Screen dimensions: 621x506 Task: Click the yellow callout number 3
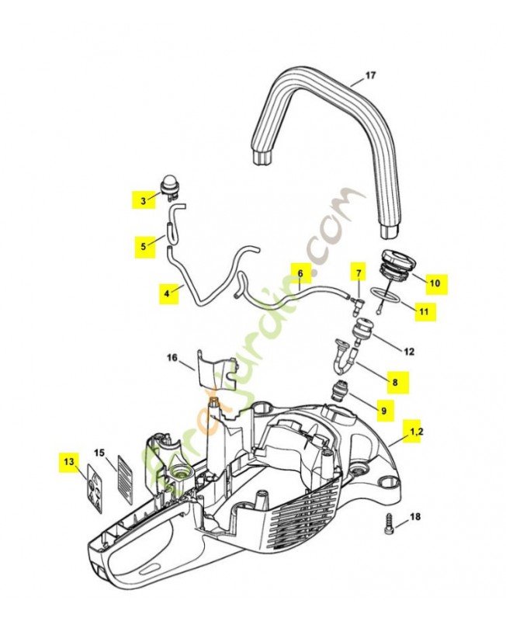tap(143, 201)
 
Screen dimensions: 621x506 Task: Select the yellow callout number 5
tap(143, 247)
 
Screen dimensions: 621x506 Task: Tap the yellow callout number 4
tap(166, 293)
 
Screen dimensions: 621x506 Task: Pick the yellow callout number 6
tap(300, 273)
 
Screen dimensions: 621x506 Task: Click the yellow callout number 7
tap(359, 274)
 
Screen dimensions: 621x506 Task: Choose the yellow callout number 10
tap(435, 283)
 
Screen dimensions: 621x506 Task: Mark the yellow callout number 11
tap(423, 312)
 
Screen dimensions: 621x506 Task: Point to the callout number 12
tap(408, 352)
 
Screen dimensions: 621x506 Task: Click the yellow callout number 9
tap(386, 408)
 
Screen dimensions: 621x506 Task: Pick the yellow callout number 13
tap(69, 462)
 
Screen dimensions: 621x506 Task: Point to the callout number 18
tap(414, 516)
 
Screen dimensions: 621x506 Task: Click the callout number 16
tap(172, 358)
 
